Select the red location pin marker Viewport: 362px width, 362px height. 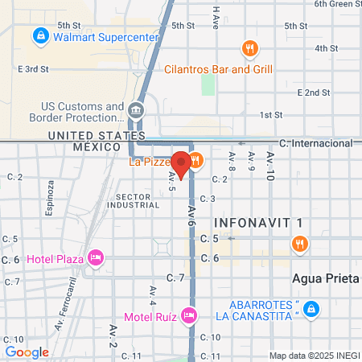pyautogui.click(x=182, y=164)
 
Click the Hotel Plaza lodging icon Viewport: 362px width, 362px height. pyautogui.click(x=96, y=258)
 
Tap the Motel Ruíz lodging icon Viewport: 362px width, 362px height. pyautogui.click(x=188, y=315)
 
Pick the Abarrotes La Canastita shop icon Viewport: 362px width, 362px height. pyautogui.click(x=312, y=309)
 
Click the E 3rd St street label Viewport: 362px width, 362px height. pyautogui.click(x=35, y=69)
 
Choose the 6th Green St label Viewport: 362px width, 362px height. pyautogui.click(x=338, y=4)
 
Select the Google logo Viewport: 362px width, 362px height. pyautogui.click(x=27, y=352)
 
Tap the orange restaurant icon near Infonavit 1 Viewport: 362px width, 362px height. pyautogui.click(x=299, y=243)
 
